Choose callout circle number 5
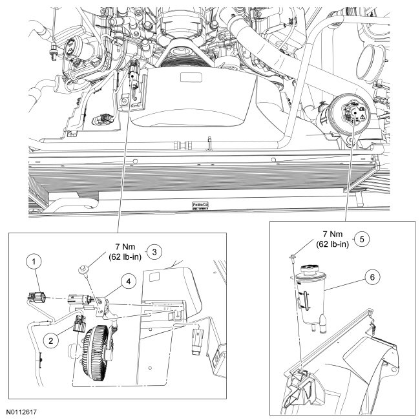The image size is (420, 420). coord(362,238)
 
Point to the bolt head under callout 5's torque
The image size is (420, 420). coord(294,258)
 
